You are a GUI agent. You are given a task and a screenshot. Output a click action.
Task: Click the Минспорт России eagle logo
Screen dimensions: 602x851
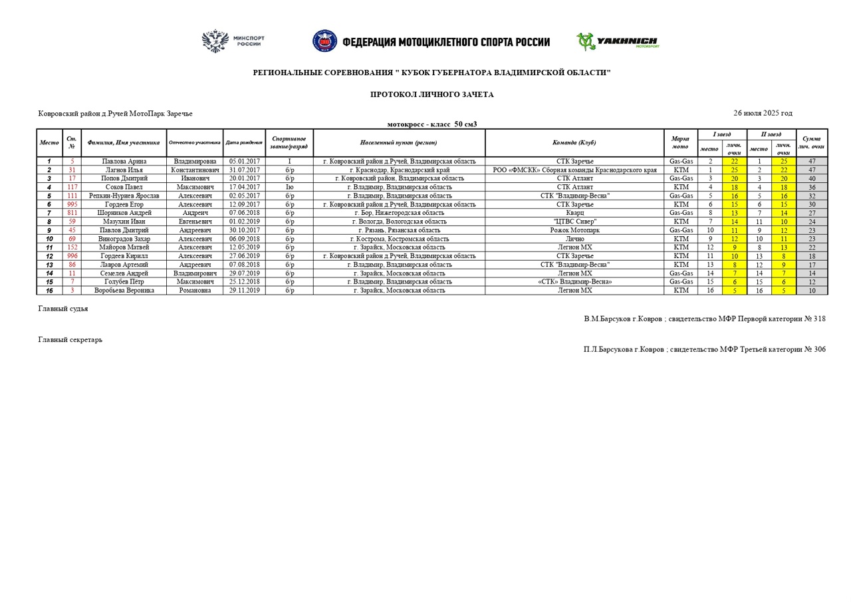pyautogui.click(x=215, y=41)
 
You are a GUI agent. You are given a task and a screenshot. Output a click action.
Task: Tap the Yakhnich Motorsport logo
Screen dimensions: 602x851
pyautogui.click(x=618, y=42)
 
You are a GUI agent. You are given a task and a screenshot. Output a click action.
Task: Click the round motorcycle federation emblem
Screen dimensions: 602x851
pyautogui.click(x=324, y=41)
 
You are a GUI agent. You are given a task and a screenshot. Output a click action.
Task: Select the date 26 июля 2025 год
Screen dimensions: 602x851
pyautogui.click(x=763, y=113)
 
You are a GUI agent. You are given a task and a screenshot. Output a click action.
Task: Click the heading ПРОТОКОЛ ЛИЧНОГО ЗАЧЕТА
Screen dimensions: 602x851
pyautogui.click(x=431, y=94)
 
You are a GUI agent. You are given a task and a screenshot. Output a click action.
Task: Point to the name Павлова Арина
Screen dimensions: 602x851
pyautogui.click(x=124, y=162)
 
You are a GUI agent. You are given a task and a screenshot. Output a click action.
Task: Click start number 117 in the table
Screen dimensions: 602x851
pyautogui.click(x=72, y=188)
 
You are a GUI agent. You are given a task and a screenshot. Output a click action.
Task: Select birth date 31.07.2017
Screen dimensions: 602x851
pyautogui.click(x=244, y=170)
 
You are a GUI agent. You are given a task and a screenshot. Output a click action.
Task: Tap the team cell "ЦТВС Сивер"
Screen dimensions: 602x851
pyautogui.click(x=574, y=222)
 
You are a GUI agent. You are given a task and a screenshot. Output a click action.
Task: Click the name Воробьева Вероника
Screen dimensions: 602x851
pyautogui.click(x=124, y=291)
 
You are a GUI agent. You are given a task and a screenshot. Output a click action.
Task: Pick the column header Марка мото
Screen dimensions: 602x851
pyautogui.click(x=680, y=142)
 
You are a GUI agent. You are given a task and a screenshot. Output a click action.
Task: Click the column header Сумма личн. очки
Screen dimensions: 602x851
pyautogui.click(x=812, y=142)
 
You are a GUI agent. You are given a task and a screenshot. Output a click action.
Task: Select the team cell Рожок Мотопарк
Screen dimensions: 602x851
pyautogui.click(x=574, y=230)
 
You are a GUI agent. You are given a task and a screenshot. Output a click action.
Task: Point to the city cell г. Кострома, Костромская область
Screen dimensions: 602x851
pyautogui.click(x=399, y=239)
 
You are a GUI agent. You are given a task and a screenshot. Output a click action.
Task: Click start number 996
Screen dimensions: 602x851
pyautogui.click(x=72, y=256)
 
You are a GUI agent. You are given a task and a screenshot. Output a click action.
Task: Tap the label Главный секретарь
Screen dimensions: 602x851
pyautogui.click(x=70, y=340)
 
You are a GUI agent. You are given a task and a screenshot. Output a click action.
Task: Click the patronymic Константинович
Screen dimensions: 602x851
pyautogui.click(x=195, y=170)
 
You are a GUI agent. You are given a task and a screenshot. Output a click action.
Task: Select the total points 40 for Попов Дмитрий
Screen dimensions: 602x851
pyautogui.click(x=812, y=179)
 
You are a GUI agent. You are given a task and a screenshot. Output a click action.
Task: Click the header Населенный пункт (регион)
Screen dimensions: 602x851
pyautogui.click(x=399, y=142)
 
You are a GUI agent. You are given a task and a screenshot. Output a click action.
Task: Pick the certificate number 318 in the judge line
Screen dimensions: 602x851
pyautogui.click(x=819, y=319)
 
